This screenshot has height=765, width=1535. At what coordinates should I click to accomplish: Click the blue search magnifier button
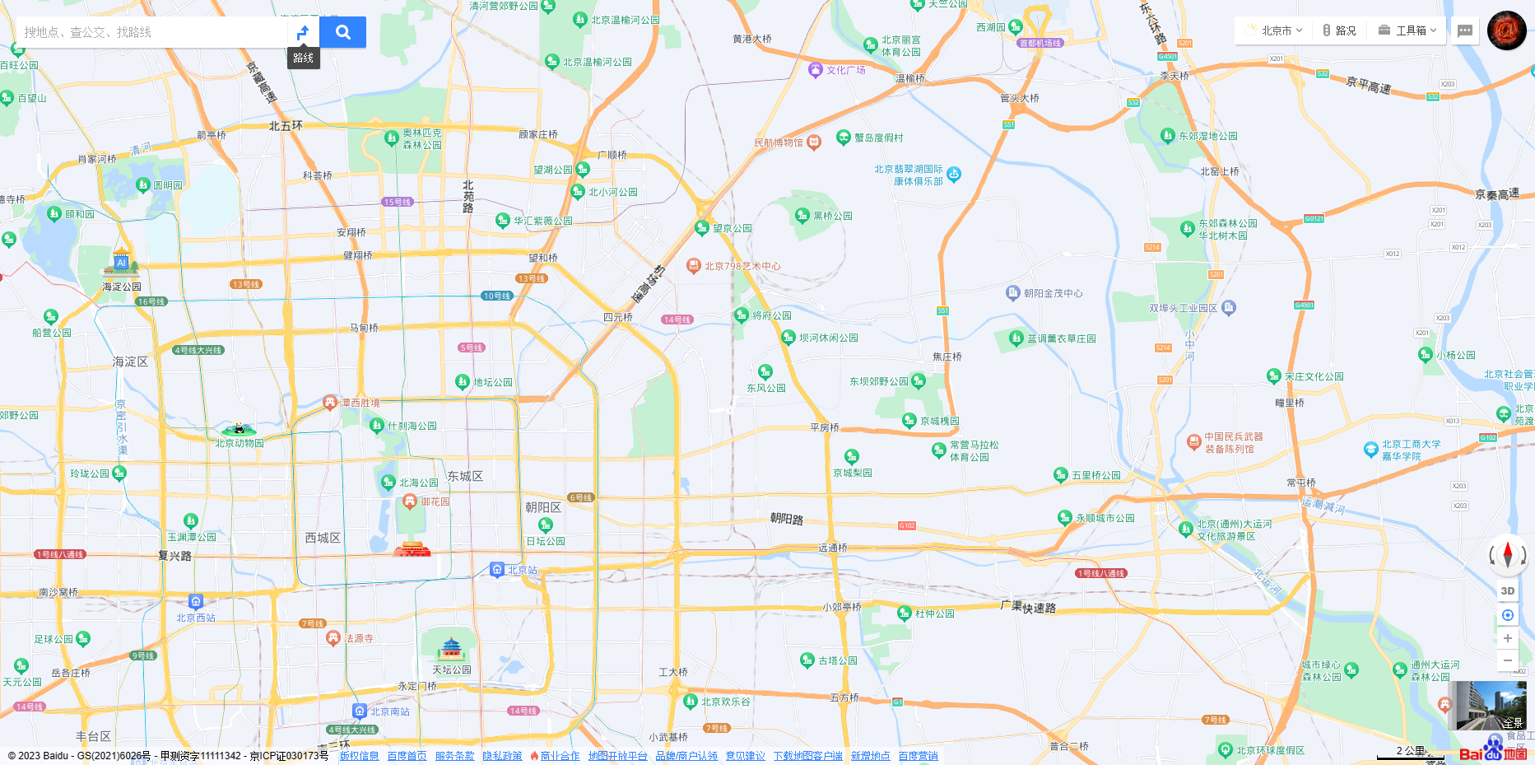343,32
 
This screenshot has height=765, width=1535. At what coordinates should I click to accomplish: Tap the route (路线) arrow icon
303,32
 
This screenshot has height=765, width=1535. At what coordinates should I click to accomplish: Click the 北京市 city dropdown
1275,30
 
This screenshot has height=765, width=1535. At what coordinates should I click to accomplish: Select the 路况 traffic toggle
1339,30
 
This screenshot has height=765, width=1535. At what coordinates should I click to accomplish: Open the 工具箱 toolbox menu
1407,30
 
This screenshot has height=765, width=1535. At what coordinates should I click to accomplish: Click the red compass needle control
1507,554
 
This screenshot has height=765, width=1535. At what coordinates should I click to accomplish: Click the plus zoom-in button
1507,638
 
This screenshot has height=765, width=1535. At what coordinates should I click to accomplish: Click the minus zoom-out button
1507,660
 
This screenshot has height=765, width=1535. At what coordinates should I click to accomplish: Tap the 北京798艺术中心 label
742,266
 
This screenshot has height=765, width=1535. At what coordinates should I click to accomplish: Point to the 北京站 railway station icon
496,569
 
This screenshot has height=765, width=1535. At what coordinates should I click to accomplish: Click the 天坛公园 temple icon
451,649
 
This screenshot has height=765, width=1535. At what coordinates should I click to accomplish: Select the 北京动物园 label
240,443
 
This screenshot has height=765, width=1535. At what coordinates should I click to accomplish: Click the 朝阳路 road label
786,519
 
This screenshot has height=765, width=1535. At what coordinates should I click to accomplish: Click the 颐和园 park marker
54,213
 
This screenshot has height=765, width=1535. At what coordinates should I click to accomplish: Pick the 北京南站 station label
389,711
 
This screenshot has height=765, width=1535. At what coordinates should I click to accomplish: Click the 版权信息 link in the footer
359,756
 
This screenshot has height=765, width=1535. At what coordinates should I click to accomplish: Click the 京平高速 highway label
1368,86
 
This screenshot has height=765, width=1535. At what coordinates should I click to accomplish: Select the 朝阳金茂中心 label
1053,293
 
